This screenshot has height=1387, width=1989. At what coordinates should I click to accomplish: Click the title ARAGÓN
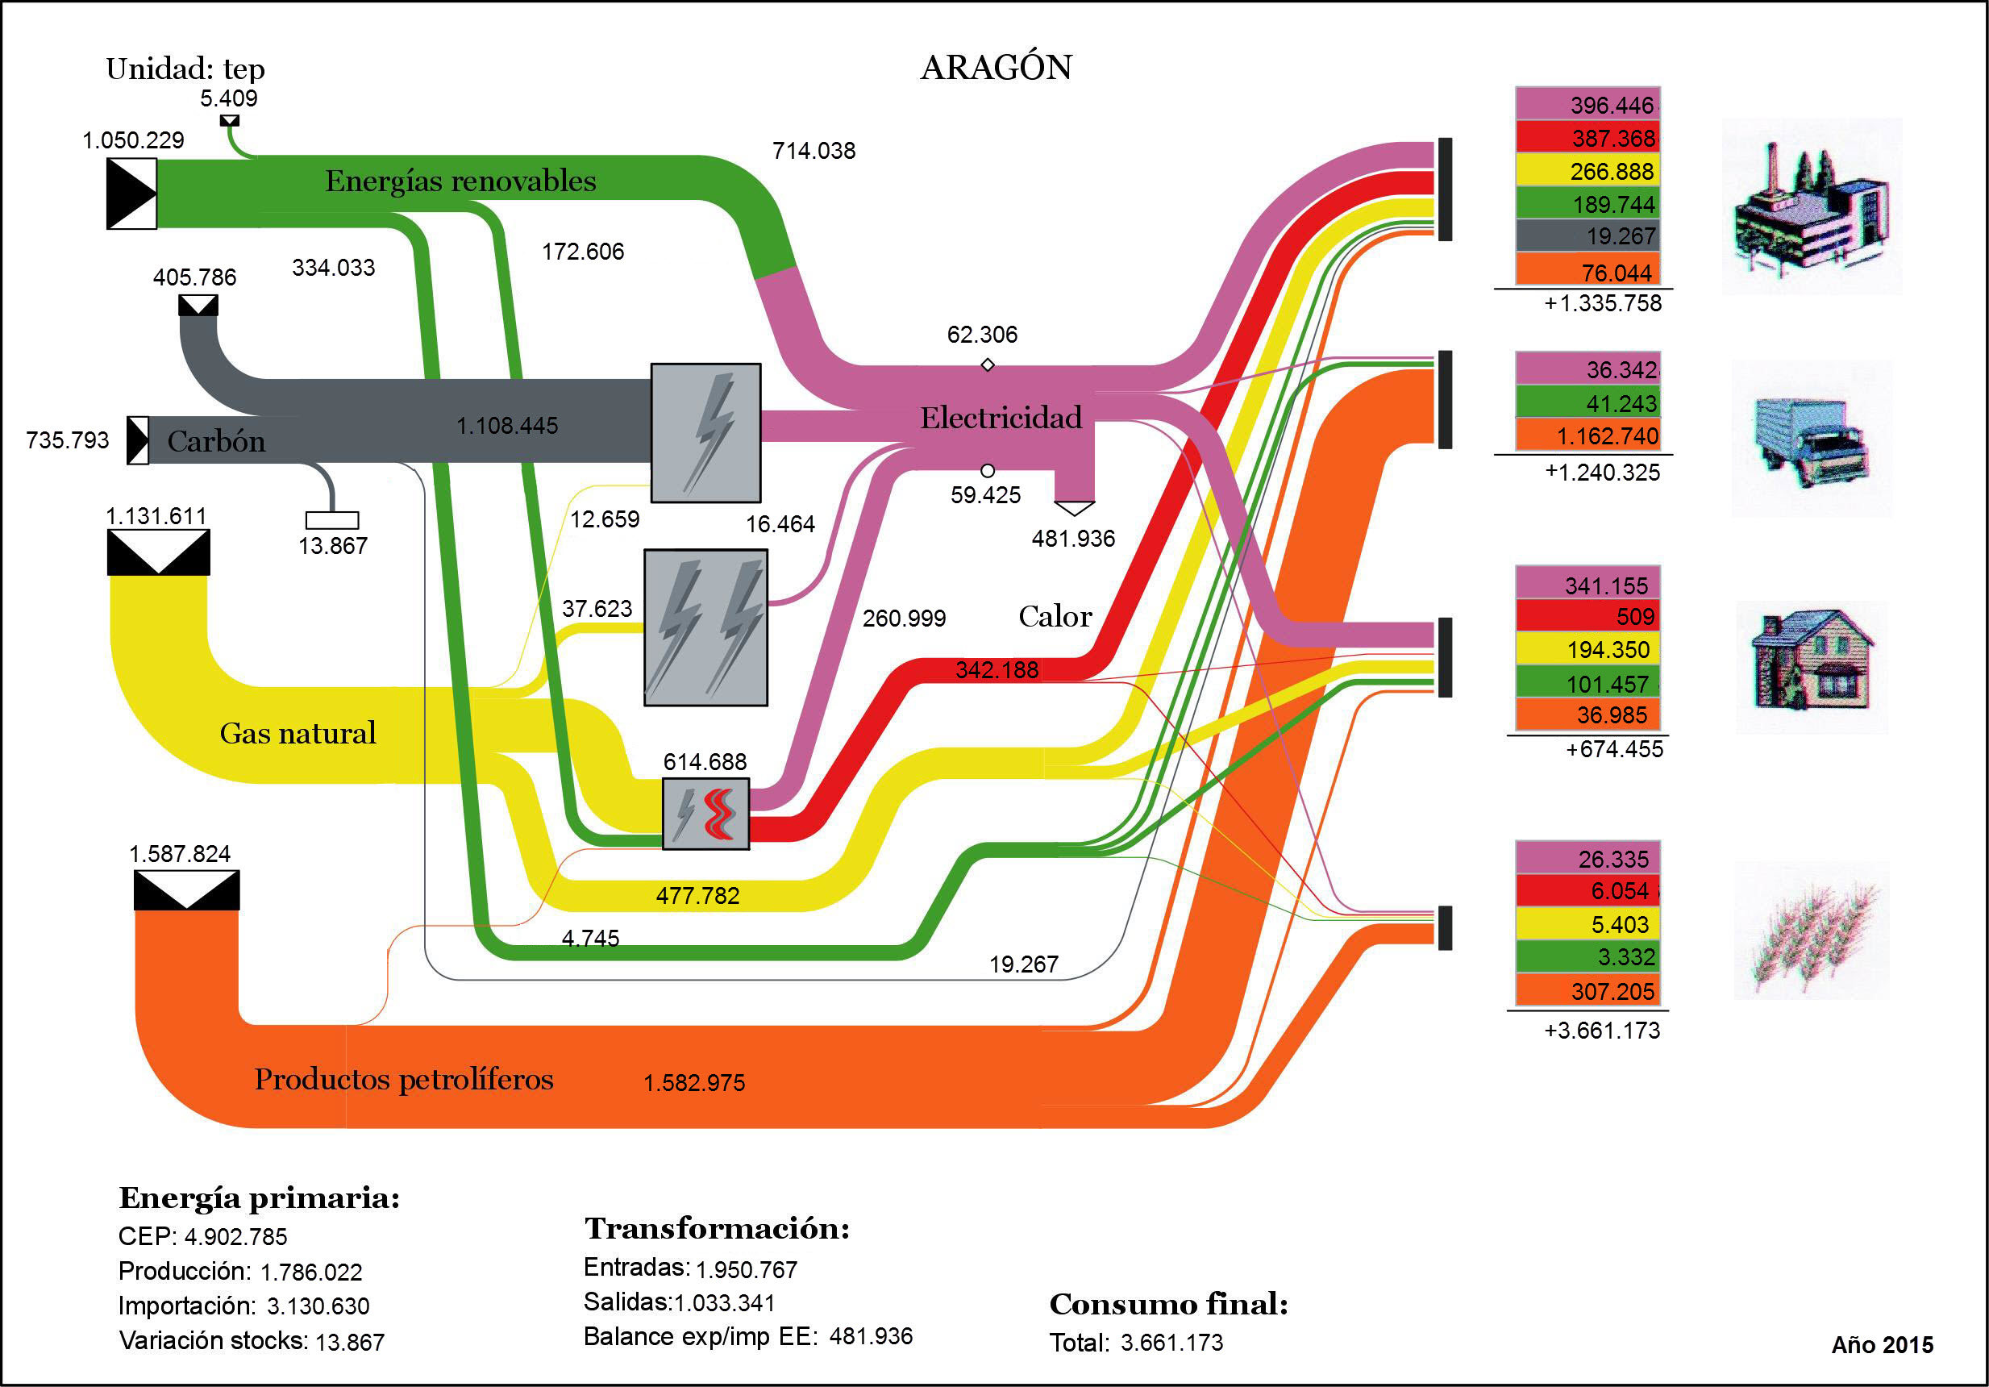996,68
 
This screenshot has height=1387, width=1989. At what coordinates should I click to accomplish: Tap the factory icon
1811,208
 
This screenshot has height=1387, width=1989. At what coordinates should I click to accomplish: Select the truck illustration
1811,440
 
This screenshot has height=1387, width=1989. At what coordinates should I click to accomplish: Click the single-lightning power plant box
705,432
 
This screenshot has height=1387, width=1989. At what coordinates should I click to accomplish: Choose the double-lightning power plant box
705,627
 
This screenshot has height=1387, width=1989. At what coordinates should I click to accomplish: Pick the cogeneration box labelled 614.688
705,814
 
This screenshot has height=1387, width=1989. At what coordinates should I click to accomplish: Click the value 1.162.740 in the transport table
1606,435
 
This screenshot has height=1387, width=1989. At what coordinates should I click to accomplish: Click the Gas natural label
298,733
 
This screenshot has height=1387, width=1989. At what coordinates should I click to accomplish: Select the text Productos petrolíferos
404,1079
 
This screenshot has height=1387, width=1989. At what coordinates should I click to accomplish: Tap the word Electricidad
1001,418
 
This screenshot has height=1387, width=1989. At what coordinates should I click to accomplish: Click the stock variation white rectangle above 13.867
332,520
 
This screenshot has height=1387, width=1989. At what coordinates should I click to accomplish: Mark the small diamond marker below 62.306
987,364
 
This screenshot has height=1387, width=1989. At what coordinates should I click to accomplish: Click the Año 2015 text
1882,1344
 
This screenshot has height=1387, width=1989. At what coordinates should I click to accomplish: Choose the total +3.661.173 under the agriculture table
1602,1030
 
